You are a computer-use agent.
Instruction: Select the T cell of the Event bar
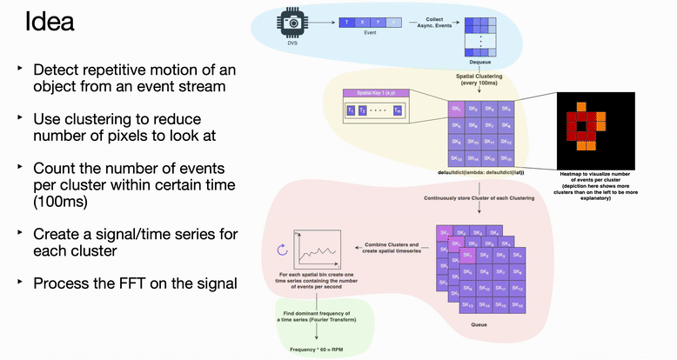(x=348, y=20)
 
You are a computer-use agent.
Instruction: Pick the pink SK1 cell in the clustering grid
(x=455, y=108)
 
